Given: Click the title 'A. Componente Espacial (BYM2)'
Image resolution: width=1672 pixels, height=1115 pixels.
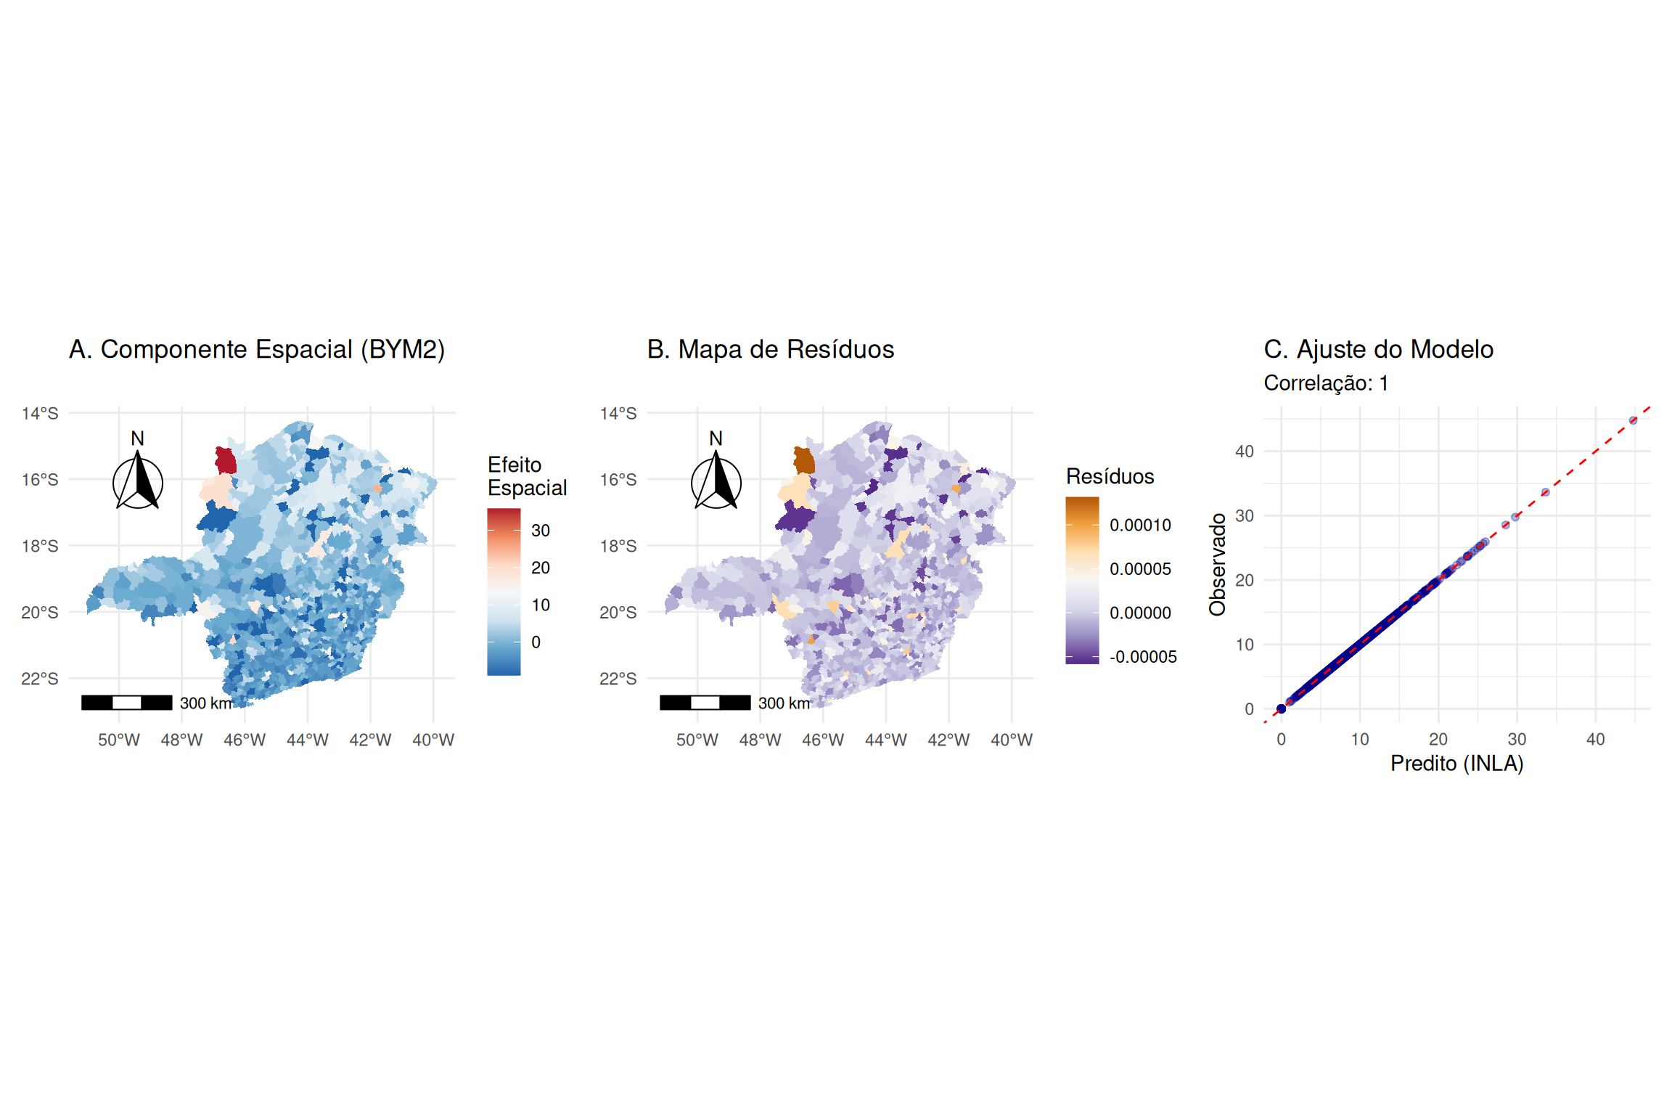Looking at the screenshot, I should pos(256,350).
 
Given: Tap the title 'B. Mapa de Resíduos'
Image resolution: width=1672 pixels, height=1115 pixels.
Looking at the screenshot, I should pos(770,350).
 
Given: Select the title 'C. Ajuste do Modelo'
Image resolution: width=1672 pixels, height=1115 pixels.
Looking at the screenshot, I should pos(1378,350).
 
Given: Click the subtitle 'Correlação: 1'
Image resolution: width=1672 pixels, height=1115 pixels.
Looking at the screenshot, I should pos(1326,383).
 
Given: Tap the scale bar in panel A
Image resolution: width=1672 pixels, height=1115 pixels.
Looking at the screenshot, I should pos(127,702).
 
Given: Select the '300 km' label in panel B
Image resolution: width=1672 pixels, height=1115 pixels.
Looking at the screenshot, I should pos(784,703).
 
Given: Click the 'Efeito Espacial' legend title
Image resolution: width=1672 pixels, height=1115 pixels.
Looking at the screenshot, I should pos(527,476).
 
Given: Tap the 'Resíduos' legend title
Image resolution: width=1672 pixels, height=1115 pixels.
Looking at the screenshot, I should pos(1110,477).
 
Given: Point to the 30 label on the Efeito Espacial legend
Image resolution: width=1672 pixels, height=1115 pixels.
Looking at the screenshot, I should pos(541,531).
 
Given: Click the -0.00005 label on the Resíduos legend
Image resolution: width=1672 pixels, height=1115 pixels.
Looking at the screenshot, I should pos(1143,657).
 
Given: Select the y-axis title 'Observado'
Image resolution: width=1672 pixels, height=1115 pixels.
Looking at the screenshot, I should pos(1218,564).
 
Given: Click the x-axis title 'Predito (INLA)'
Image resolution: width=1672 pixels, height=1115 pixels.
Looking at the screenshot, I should pos(1456,764).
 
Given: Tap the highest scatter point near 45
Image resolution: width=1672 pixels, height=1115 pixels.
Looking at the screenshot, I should pos(1633,420).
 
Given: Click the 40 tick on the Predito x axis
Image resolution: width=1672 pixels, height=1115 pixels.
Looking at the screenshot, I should pos(1595,740).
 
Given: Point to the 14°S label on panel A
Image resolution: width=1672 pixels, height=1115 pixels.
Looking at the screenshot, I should pos(40,414).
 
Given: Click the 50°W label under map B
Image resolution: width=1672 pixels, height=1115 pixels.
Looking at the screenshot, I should pos(697,740).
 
